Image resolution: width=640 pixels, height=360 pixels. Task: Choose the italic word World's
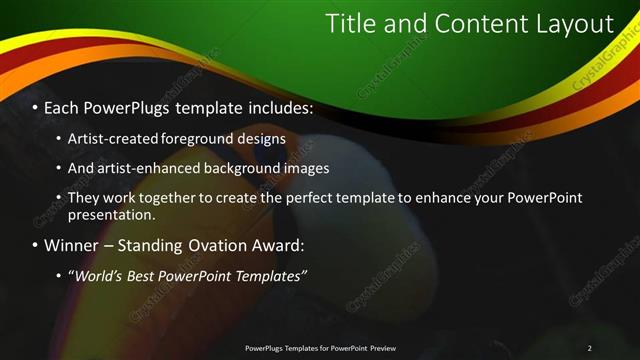[x=99, y=276]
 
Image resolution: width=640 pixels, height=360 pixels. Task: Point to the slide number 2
[x=590, y=348]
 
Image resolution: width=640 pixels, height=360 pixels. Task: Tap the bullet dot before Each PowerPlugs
[x=35, y=107]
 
